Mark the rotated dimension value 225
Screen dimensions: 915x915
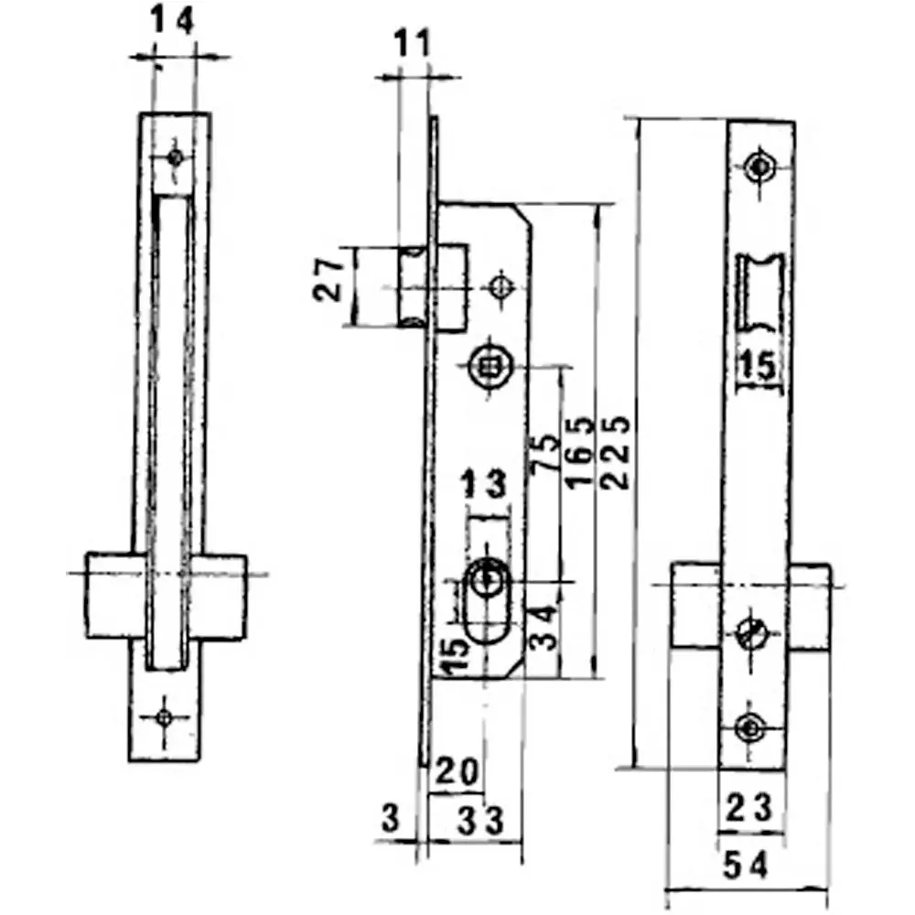pos(618,454)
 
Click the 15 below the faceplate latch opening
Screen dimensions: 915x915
pos(758,367)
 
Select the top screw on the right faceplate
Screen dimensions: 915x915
pos(759,167)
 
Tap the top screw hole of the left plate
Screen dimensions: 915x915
pos(175,156)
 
